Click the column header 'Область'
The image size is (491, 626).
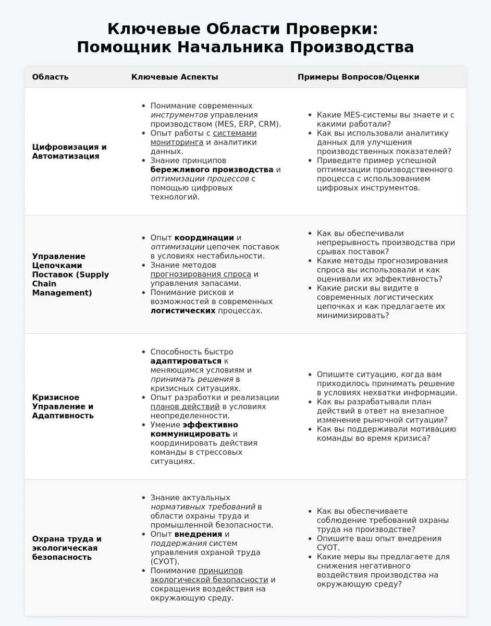[50, 77]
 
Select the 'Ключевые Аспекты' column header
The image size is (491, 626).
[175, 77]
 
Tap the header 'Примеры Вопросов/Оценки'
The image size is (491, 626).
[358, 77]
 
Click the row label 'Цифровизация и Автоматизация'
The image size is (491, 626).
[69, 151]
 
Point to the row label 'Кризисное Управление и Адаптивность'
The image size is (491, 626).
[63, 406]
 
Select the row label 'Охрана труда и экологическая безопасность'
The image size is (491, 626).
[67, 548]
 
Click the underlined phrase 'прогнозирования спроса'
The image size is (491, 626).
[201, 274]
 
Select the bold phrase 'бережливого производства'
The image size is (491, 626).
[212, 170]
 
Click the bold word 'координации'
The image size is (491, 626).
[204, 237]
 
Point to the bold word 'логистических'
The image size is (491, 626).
[183, 310]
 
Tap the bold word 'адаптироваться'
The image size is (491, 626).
[186, 361]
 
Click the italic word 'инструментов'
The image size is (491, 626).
[179, 115]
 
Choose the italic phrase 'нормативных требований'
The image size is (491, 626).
[203, 507]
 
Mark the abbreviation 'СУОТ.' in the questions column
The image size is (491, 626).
[328, 548]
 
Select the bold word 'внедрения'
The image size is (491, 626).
[198, 534]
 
